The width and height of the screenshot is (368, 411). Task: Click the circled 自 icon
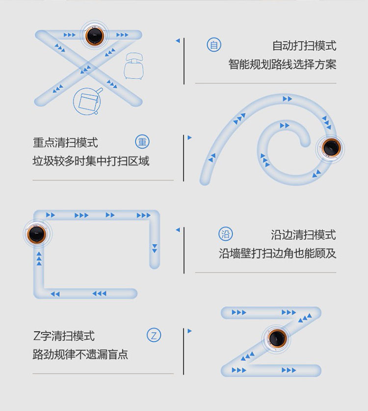214,45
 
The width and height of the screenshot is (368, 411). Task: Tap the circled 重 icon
142,142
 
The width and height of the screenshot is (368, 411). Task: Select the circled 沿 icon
226,234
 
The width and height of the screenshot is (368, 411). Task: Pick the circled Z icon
154,335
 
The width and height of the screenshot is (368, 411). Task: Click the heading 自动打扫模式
304,46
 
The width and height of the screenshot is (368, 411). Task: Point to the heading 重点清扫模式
65,142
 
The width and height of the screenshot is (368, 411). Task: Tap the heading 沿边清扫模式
303,235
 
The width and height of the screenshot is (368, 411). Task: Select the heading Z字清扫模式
64,336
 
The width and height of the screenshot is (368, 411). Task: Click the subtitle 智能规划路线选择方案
282,64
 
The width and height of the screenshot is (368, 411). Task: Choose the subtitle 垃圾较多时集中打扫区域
91,161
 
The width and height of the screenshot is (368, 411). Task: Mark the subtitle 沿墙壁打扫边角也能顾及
278,253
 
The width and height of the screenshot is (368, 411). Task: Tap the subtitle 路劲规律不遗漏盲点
80,355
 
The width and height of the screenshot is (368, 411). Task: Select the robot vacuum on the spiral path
331,148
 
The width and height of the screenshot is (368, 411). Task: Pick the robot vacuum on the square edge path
37,233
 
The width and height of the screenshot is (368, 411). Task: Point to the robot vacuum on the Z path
277,338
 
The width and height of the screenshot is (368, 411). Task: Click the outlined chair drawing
134,66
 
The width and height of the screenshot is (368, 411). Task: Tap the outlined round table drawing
88,102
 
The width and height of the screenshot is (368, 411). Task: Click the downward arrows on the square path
155,248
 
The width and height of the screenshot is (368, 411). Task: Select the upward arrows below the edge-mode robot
39,258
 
